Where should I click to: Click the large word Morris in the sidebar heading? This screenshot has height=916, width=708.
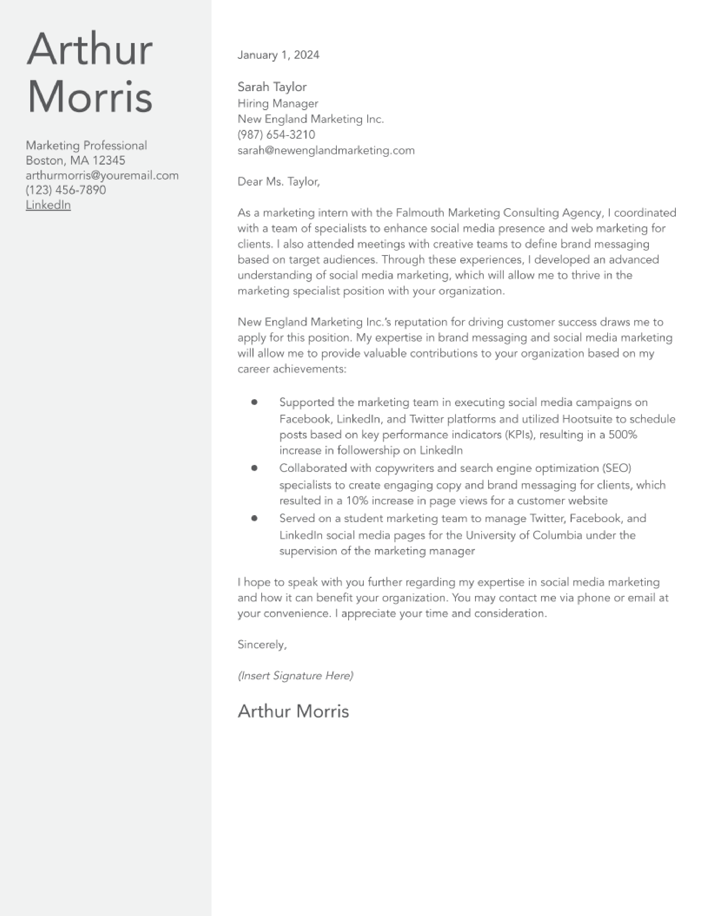click(89, 97)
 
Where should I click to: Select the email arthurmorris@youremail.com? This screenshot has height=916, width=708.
click(102, 175)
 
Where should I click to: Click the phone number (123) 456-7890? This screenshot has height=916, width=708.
click(66, 190)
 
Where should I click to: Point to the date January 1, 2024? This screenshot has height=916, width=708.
click(278, 55)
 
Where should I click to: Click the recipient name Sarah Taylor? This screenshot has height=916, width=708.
click(272, 87)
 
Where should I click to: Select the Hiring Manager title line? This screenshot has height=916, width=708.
click(278, 103)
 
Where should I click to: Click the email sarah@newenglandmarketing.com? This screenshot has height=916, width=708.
click(326, 150)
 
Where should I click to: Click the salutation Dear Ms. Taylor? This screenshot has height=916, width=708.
click(278, 182)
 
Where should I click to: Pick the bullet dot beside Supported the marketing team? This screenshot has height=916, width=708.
click(254, 402)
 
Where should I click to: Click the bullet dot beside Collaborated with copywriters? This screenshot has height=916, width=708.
click(254, 468)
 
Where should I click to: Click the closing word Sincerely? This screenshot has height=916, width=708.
click(262, 645)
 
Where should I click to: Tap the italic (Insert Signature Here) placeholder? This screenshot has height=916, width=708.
click(295, 676)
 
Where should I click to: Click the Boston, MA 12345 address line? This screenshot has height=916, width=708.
click(76, 160)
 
